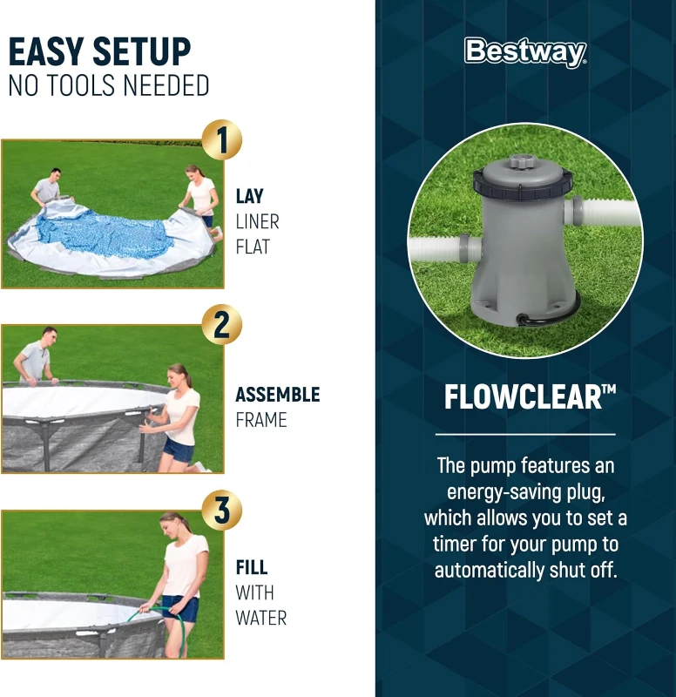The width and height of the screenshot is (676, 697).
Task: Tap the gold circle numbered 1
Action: (x=221, y=140)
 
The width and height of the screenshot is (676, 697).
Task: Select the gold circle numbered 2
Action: (x=221, y=325)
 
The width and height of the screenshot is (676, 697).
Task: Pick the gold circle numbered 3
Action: (x=221, y=511)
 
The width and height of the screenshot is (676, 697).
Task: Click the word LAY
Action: (x=249, y=197)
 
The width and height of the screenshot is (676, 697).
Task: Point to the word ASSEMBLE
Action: (x=277, y=396)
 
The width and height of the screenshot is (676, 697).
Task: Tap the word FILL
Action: (x=251, y=568)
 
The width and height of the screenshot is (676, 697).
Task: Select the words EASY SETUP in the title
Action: (x=99, y=53)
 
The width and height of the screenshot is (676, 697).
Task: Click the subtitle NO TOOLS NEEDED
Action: (x=109, y=86)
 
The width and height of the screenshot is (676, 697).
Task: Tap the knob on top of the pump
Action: (x=521, y=161)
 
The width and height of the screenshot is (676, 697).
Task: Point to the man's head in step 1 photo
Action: (x=56, y=173)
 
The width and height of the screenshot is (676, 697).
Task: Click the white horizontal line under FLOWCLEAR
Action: (x=525, y=434)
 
